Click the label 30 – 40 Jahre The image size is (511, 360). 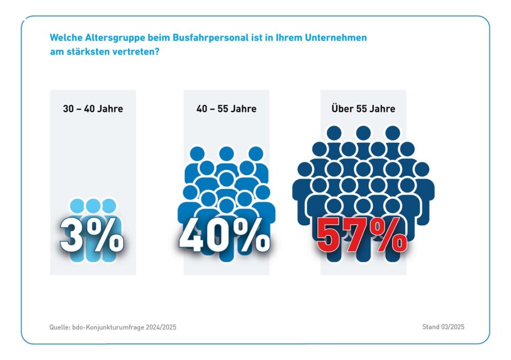[93, 108]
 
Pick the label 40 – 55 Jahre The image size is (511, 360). [227, 108]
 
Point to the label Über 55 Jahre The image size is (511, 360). [363, 108]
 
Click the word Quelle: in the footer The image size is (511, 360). [59, 327]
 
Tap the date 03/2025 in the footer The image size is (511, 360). [452, 327]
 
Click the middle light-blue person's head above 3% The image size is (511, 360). [93, 205]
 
